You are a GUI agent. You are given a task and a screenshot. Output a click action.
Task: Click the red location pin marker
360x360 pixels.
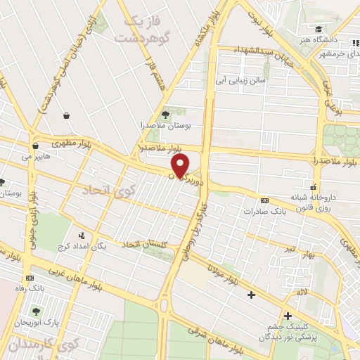181,165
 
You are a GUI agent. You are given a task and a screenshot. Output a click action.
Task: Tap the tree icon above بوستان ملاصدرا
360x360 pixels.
165,112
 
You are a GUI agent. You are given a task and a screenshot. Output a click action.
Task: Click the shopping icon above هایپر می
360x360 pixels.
34,146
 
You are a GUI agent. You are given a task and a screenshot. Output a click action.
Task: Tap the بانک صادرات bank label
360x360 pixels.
264,210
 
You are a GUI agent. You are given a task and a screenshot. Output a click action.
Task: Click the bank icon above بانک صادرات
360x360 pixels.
264,200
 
